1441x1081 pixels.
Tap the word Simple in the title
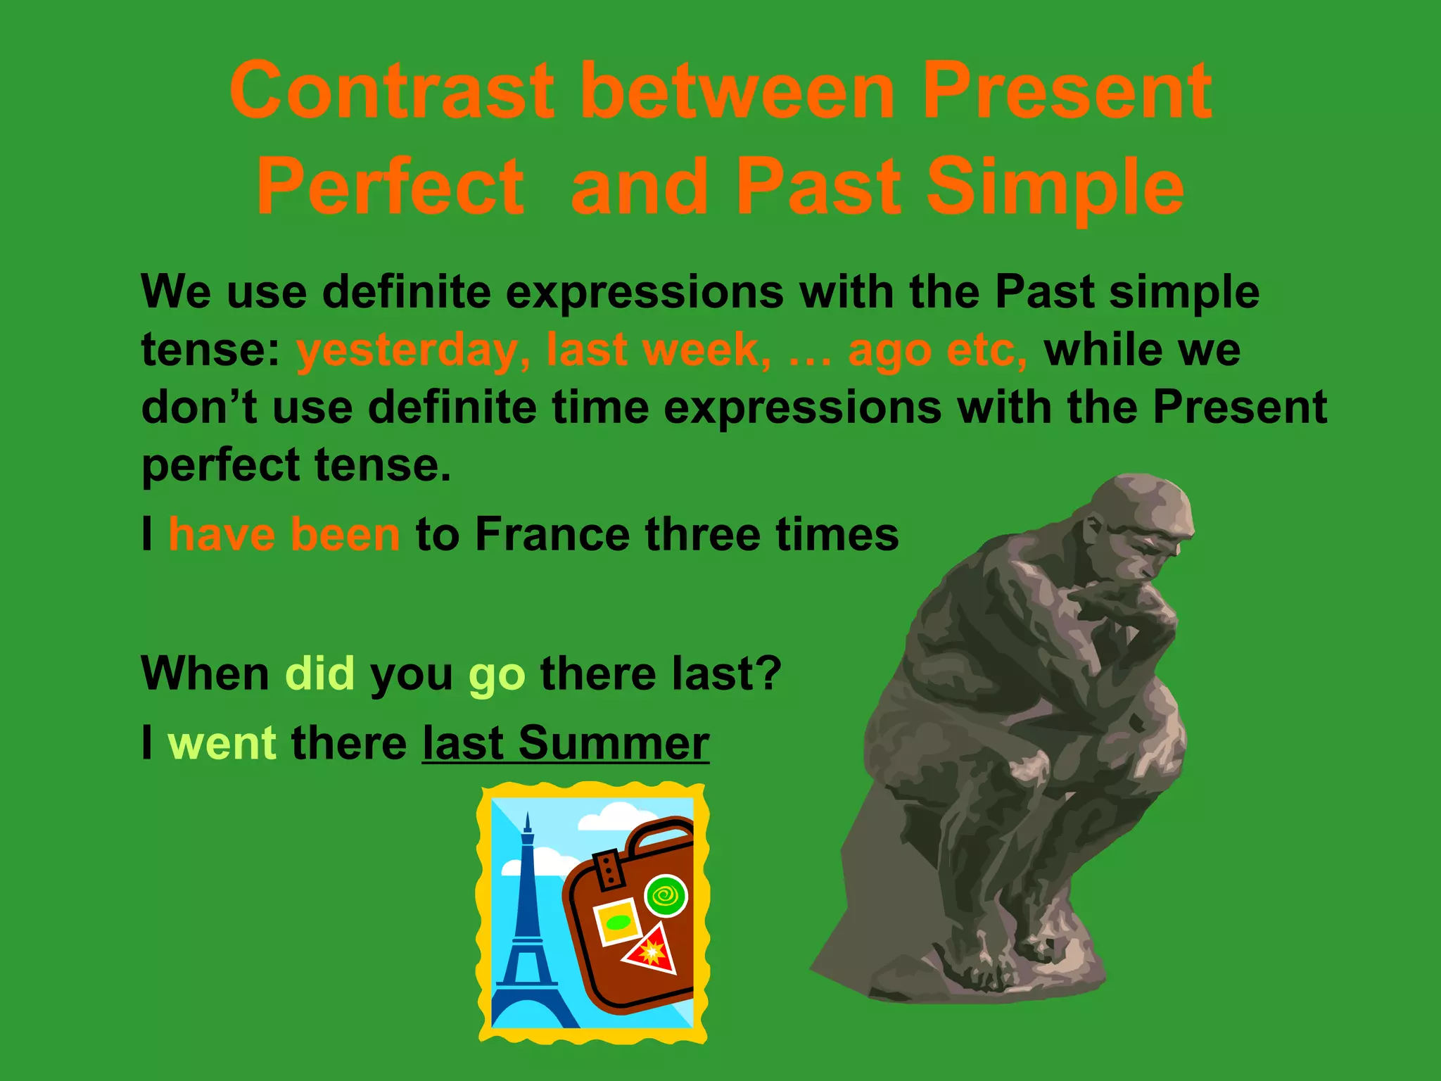pyautogui.click(x=1055, y=187)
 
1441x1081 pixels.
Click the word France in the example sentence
pyautogui.click(x=552, y=534)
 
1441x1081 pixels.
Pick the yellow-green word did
pyautogui.click(x=319, y=674)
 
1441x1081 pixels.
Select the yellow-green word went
pyautogui.click(x=222, y=743)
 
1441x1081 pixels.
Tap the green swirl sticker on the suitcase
pyautogui.click(x=666, y=896)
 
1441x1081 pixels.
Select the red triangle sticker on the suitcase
pyautogui.click(x=651, y=950)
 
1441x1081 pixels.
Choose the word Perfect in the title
pyautogui.click(x=391, y=187)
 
